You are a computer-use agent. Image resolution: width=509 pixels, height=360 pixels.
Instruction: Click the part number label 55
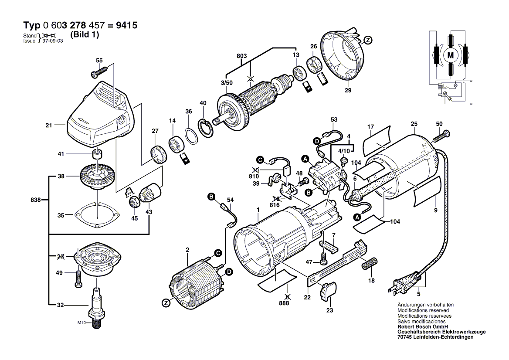pyautogui.click(x=99, y=60)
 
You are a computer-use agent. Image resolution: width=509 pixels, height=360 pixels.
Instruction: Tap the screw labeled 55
pyautogui.click(x=98, y=73)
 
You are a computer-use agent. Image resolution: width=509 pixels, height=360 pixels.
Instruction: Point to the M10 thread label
pyautogui.click(x=82, y=323)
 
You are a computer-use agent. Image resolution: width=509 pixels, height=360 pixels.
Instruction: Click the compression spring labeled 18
pyautogui.click(x=369, y=264)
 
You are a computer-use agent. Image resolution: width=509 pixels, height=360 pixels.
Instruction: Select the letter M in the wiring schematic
pyautogui.click(x=451, y=55)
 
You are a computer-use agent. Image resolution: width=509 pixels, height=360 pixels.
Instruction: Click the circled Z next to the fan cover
pyautogui.click(x=368, y=41)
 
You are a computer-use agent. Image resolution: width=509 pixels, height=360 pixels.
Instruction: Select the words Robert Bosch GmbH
pyautogui.click(x=420, y=326)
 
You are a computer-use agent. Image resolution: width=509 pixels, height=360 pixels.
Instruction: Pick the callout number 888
pyautogui.click(x=284, y=303)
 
